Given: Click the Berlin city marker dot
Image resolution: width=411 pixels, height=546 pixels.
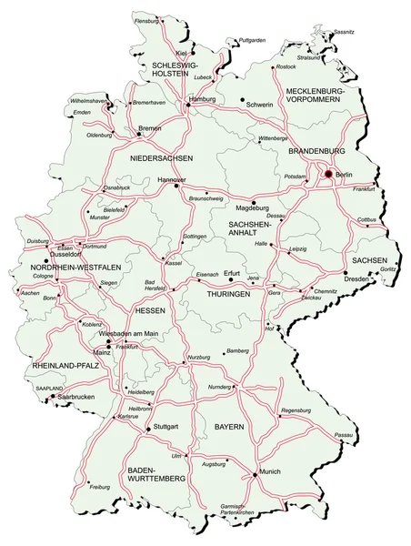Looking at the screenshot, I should pos(328,174).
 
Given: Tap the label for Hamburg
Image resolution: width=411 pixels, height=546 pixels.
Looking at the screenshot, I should pos(201,97).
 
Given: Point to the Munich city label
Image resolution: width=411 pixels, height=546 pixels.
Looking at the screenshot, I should pos(269,472).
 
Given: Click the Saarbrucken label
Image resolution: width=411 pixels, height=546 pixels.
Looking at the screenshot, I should pos(75,397).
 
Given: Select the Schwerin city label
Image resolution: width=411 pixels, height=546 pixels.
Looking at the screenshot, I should pos(259,106).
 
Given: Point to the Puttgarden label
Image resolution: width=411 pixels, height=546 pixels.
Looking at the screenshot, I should pos(253,40).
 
